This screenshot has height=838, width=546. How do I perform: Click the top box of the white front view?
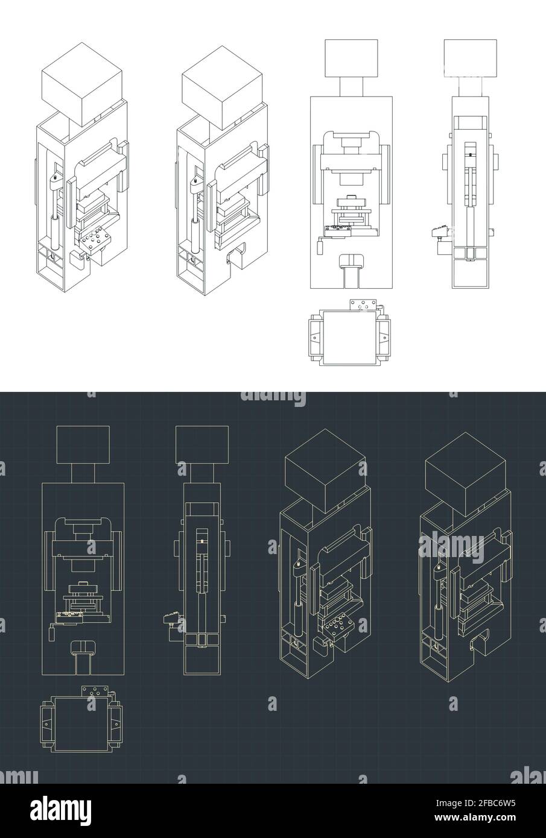(351, 58)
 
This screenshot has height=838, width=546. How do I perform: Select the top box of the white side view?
(469, 58)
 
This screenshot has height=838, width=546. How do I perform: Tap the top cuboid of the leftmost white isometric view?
(82, 88)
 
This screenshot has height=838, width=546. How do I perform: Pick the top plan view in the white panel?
(349, 333)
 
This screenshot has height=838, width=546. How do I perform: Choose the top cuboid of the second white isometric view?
(222, 88)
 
